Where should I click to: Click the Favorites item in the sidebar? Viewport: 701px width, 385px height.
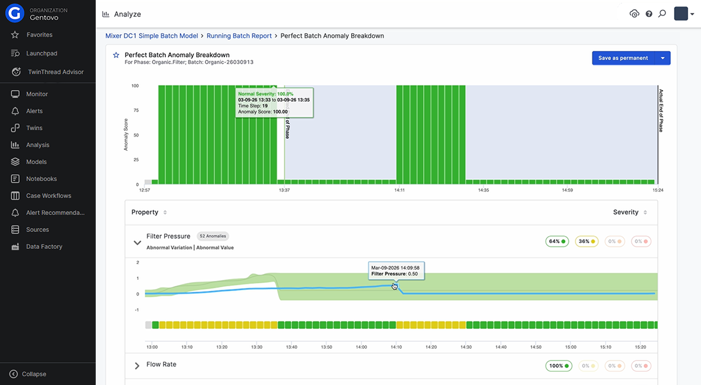(x=39, y=35)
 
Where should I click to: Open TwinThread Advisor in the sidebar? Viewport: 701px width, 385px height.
(x=55, y=72)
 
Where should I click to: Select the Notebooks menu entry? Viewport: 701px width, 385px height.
(x=41, y=179)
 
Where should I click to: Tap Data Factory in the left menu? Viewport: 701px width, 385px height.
(x=44, y=247)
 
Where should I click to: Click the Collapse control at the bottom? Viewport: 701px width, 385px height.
(x=33, y=374)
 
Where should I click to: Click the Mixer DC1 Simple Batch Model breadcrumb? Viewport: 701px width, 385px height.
(x=151, y=36)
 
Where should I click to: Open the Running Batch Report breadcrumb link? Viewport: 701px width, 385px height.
(x=239, y=36)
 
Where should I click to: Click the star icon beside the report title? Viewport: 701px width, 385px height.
(x=116, y=56)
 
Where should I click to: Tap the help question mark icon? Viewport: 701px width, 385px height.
(x=648, y=14)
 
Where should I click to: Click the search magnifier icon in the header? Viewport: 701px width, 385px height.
(x=662, y=14)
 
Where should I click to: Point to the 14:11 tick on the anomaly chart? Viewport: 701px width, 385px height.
(x=400, y=190)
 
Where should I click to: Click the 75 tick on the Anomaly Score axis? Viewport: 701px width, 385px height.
(x=136, y=110)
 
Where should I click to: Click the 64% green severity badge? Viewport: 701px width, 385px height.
(x=557, y=241)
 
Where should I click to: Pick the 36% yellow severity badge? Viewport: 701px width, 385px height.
(x=587, y=241)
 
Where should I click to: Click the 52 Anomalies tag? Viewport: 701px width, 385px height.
(x=213, y=237)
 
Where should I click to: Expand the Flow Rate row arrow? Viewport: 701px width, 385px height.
(x=137, y=366)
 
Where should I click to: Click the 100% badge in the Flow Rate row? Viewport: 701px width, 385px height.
(x=558, y=366)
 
